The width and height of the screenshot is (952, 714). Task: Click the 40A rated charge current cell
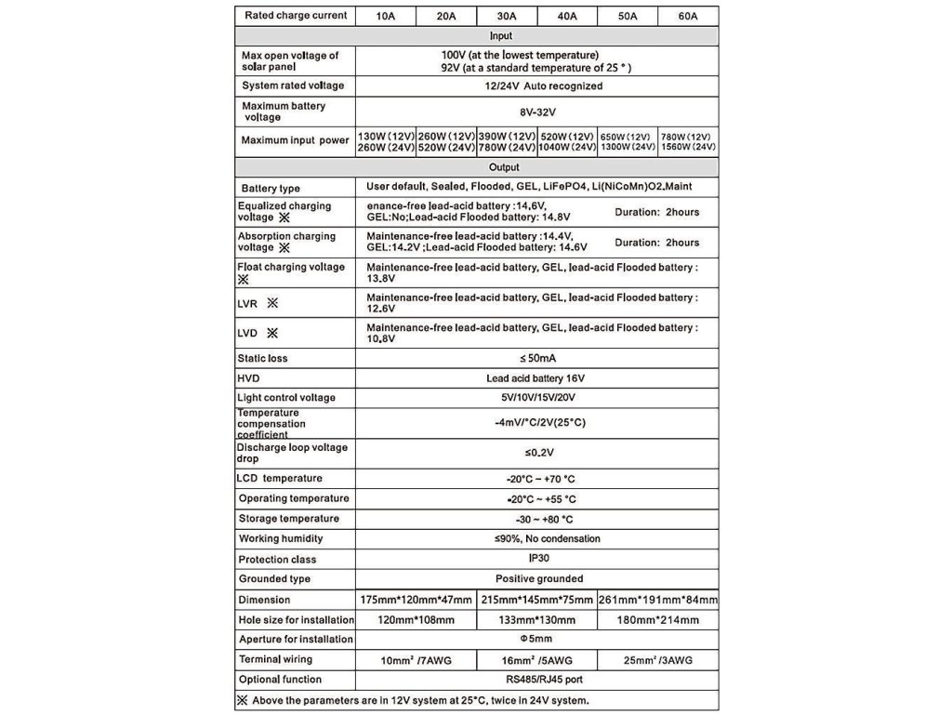[566, 16]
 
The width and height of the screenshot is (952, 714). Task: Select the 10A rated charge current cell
[385, 16]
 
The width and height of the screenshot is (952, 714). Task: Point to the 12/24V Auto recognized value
[536, 86]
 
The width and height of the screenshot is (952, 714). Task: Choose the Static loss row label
[263, 358]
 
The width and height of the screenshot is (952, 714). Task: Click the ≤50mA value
[536, 358]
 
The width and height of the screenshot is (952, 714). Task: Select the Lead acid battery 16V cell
[536, 378]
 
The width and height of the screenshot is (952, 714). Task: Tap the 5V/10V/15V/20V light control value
[536, 398]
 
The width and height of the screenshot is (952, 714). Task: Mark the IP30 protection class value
[536, 560]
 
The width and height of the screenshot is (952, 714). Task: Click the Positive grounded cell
[536, 578]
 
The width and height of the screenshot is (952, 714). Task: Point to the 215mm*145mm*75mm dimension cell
[537, 600]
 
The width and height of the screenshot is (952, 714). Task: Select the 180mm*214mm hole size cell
[657, 620]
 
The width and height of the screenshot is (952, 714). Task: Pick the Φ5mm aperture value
[536, 640]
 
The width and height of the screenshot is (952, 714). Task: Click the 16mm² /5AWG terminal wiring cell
[537, 660]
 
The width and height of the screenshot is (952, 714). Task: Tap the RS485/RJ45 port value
[536, 680]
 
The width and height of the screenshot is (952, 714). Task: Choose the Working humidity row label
[281, 539]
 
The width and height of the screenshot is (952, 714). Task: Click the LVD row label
[258, 333]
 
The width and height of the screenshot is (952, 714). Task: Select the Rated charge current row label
[296, 16]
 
